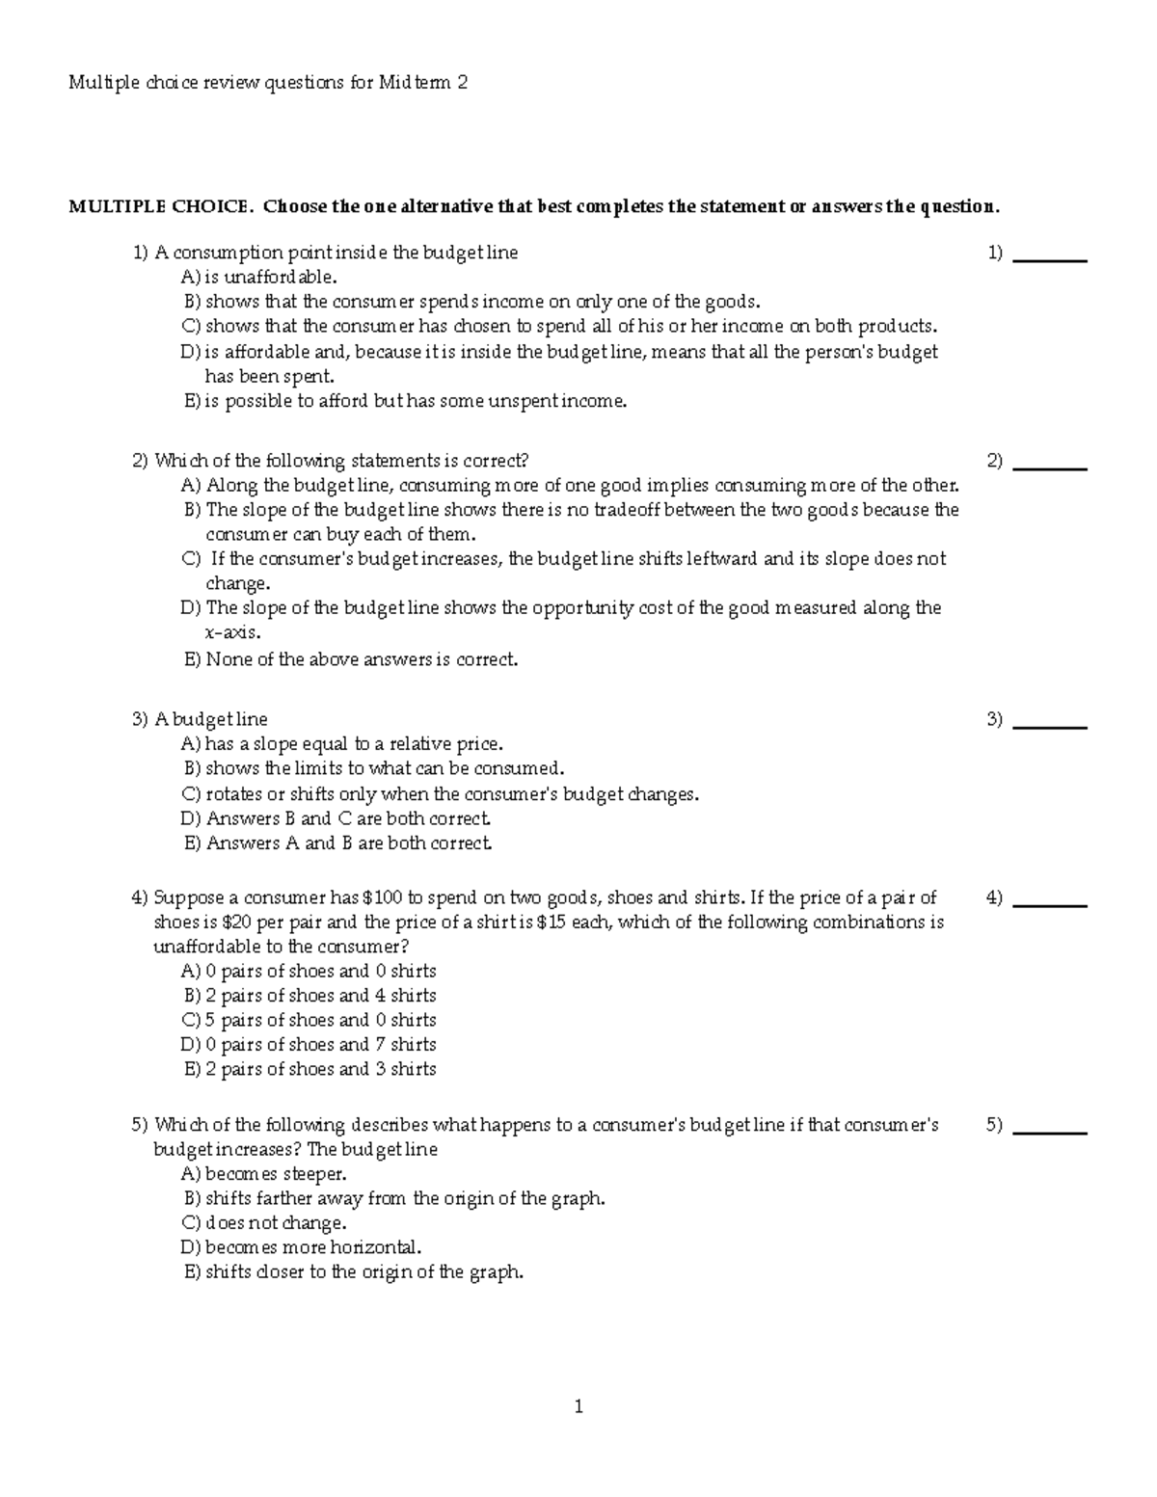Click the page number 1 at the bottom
coord(578,1406)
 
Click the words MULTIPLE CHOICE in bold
coord(161,206)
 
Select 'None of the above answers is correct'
coord(362,660)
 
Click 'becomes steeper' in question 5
coord(275,1174)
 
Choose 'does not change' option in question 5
coord(275,1223)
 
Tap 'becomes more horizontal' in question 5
coord(312,1247)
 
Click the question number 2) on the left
coord(141,461)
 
